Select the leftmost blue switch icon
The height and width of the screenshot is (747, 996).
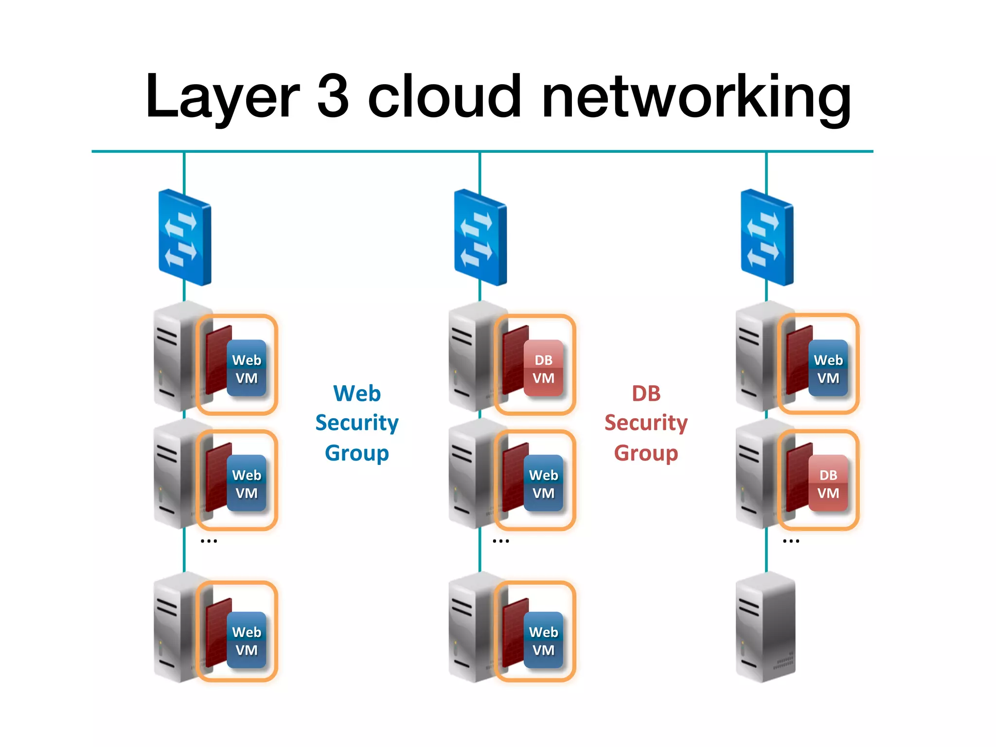pos(184,237)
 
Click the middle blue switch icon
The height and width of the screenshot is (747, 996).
pos(480,237)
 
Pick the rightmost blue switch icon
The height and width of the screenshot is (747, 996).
pos(766,237)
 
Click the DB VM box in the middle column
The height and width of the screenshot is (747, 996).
pos(543,368)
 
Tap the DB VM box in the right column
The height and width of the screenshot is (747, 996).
pos(828,483)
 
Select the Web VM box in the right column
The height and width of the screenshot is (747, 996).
pos(828,368)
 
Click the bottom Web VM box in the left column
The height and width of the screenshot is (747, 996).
pos(247,640)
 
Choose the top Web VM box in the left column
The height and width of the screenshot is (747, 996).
pos(247,368)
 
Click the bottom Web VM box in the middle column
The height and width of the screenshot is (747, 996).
pos(543,640)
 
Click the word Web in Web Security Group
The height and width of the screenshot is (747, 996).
pos(356,393)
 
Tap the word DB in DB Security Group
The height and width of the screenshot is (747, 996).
pos(646,393)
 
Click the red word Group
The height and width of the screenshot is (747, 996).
pos(646,453)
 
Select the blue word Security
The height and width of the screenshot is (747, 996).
pos(356,423)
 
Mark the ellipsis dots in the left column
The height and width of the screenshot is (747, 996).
pos(209,541)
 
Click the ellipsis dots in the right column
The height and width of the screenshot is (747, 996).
pos(791,541)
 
